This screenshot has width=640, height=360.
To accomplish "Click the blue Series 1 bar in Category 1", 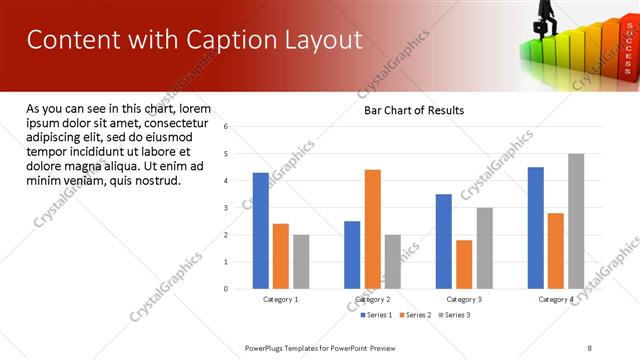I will pos(260,230).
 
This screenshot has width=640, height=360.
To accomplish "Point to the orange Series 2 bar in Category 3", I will pos(464,263).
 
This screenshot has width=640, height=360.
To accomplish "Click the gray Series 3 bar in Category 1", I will pos(301,261).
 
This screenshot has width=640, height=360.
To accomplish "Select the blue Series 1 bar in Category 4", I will pos(536,227).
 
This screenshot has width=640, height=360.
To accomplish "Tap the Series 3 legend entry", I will pos(454,315).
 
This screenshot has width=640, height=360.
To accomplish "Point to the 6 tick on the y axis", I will pos(226,126).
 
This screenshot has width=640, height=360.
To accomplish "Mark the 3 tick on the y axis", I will pos(226,208).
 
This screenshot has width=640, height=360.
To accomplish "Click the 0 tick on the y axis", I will pos(226,289).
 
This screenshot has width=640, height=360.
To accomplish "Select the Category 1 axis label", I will pos(280,299).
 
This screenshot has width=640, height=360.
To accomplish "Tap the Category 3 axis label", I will pos(464,299).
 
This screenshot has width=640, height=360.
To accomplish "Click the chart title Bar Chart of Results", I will pos(413,110).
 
